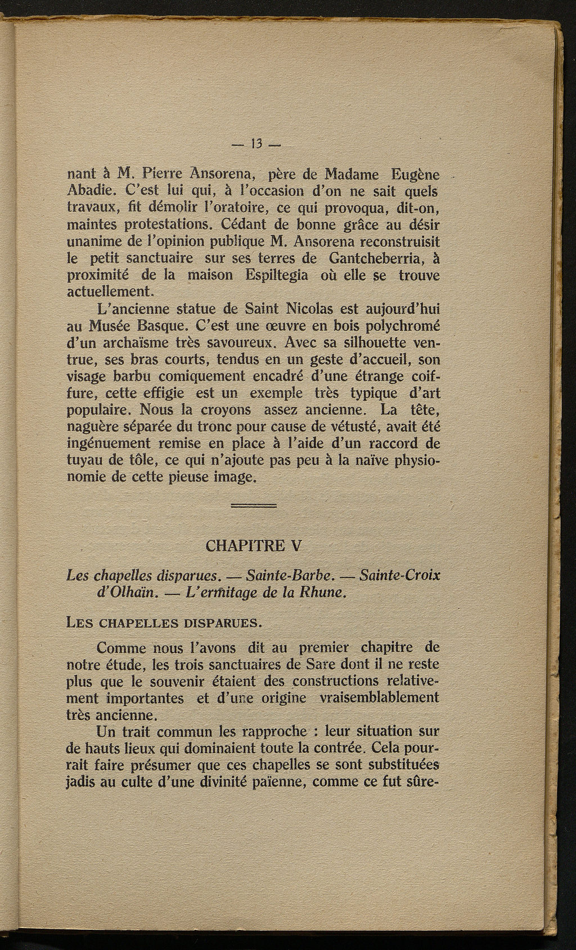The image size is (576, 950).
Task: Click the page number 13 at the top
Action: [x=256, y=145]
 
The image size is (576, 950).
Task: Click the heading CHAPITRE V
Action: [x=254, y=546]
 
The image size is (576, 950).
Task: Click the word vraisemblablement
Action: [x=379, y=698]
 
